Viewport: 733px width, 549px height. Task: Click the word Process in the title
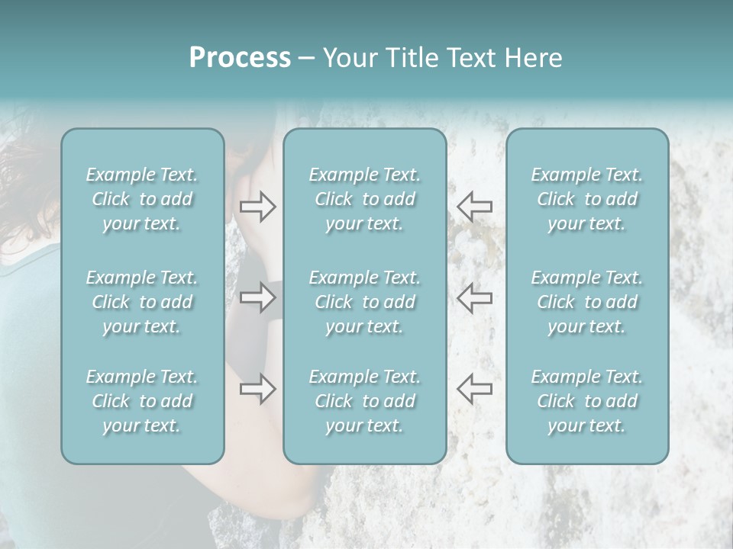click(x=240, y=58)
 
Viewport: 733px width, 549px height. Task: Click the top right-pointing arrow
click(x=257, y=206)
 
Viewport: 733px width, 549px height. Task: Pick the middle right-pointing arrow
click(x=257, y=297)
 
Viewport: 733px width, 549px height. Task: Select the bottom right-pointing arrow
click(x=257, y=388)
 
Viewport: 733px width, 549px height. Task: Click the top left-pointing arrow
click(x=475, y=206)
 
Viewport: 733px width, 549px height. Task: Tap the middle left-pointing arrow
click(x=475, y=297)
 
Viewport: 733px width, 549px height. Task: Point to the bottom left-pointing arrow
click(x=475, y=388)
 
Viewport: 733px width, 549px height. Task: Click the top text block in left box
click(x=142, y=199)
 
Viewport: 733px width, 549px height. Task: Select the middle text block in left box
click(x=142, y=302)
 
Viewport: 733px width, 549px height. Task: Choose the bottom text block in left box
click(x=142, y=401)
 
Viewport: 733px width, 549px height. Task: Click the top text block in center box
click(x=364, y=199)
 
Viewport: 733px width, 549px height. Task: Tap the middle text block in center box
click(x=364, y=302)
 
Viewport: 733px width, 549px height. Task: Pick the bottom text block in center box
click(x=364, y=401)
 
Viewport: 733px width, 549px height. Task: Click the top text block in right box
click(x=586, y=199)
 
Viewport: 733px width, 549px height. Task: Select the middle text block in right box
click(x=586, y=302)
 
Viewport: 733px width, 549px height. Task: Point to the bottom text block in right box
click(x=586, y=401)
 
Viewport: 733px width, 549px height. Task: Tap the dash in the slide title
click(x=306, y=59)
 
